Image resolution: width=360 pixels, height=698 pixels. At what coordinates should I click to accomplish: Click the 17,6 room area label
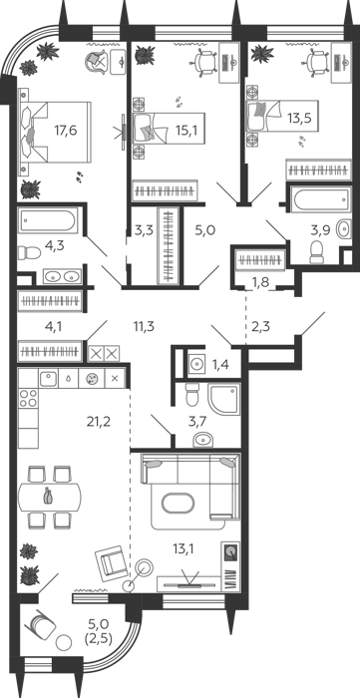tap(66, 131)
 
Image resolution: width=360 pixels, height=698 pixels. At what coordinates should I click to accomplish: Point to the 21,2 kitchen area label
tap(99, 421)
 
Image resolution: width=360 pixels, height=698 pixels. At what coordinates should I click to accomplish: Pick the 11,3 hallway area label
tap(144, 327)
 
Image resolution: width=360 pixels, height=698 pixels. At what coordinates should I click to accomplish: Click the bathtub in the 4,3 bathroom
tap(48, 220)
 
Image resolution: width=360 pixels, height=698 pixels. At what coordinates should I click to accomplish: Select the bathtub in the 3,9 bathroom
tap(319, 199)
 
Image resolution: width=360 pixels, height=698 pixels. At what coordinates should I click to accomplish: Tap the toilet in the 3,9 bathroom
tap(316, 252)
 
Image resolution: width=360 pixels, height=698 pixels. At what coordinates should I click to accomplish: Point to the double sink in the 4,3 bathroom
tap(62, 276)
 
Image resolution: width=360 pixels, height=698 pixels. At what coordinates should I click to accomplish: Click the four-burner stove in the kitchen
tap(28, 398)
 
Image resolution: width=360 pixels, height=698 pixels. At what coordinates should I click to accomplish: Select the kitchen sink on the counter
tap(49, 378)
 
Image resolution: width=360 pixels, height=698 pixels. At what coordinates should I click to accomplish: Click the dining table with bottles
tap(50, 497)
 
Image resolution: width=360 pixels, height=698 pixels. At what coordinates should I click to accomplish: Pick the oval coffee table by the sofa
tap(178, 505)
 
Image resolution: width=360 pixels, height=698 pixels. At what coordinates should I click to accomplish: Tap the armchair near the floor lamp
tap(112, 563)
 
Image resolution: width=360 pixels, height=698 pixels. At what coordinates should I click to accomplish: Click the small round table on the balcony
tap(64, 642)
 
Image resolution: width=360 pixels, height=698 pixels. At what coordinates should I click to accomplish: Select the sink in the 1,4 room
tap(195, 365)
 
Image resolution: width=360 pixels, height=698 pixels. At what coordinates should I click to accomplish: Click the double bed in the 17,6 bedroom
tap(55, 133)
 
